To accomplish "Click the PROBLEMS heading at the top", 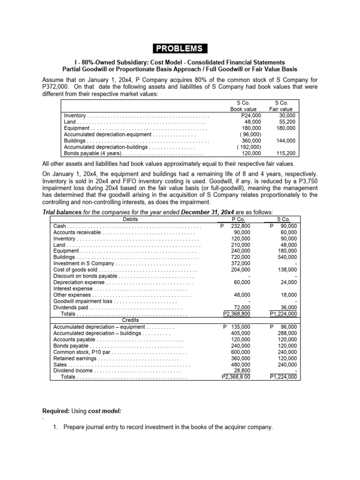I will click(x=180, y=49).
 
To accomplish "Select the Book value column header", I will click(x=242, y=109).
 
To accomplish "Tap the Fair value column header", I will click(x=282, y=109).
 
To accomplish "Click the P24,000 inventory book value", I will click(x=250, y=115).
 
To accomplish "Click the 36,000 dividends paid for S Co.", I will click(x=287, y=307).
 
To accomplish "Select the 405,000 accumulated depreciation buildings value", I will click(x=241, y=333).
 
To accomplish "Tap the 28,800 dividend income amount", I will click(x=242, y=370).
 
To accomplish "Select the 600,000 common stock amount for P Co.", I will click(x=241, y=352).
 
